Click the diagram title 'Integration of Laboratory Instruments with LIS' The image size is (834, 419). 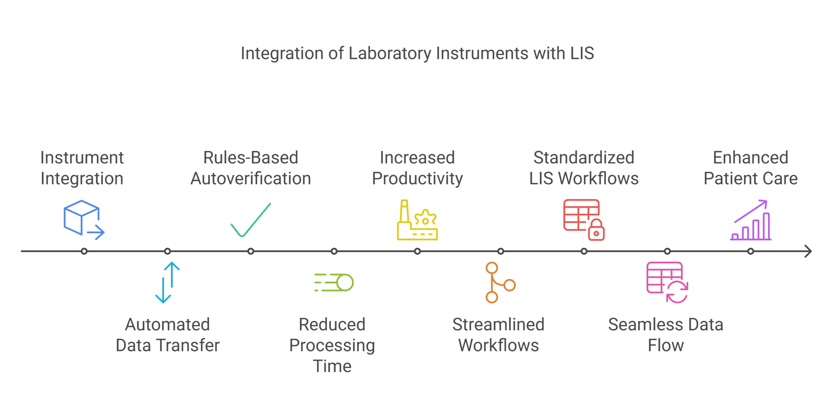[x=417, y=54]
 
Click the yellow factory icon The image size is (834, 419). [x=417, y=221]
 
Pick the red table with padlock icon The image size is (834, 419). [x=583, y=219]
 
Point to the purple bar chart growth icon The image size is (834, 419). [x=751, y=221]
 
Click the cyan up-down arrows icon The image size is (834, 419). [x=167, y=282]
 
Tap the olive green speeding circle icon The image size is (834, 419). [x=334, y=282]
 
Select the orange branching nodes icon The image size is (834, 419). [x=500, y=282]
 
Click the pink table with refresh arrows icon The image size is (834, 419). [x=667, y=282]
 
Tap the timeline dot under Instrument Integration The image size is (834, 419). [x=84, y=251]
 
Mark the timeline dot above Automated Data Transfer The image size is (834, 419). [x=167, y=251]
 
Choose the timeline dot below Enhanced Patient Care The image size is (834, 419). [x=751, y=251]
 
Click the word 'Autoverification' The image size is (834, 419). [x=251, y=179]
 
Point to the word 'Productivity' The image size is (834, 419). [x=417, y=179]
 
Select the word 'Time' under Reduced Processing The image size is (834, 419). [x=332, y=366]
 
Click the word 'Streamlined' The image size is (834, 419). [x=498, y=325]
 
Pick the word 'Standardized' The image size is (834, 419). [x=584, y=158]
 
